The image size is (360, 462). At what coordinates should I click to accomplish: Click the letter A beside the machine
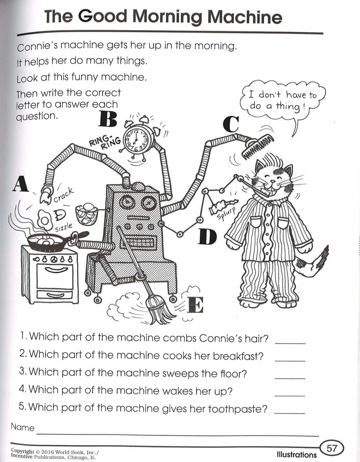pyautogui.click(x=21, y=184)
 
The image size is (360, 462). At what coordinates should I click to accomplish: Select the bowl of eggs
pyautogui.click(x=86, y=214)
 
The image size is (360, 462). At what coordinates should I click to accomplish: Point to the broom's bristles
pyautogui.click(x=158, y=307)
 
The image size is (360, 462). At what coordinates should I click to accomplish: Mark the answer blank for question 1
pyautogui.click(x=290, y=342)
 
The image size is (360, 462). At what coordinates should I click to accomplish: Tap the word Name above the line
pyautogui.click(x=23, y=427)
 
